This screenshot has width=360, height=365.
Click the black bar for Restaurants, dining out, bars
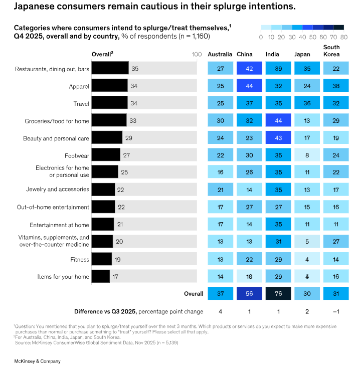tap(110, 69)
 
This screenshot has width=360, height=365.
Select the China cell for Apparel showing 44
tap(249, 86)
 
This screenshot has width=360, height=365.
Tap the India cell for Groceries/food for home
tap(278, 121)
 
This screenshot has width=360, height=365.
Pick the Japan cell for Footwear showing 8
tap(307, 155)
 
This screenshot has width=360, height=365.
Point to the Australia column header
tap(220, 54)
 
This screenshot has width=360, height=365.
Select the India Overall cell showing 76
tap(278, 294)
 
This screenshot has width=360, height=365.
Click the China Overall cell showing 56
tap(249, 294)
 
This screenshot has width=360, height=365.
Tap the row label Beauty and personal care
tap(57, 138)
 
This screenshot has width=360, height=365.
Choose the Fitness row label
tap(80, 259)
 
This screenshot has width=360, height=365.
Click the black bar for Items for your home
tap(101, 276)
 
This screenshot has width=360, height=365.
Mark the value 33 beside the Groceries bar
tap(133, 121)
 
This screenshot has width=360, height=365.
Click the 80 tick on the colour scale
tap(343, 37)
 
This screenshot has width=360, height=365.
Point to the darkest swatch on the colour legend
tap(338, 28)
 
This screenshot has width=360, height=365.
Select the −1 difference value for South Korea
tap(336, 311)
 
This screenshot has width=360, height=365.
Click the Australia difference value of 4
tap(221, 311)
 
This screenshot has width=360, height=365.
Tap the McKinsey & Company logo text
tap(31, 360)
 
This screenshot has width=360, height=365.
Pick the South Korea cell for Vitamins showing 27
tap(336, 242)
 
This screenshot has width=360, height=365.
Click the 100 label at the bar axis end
tap(197, 55)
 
